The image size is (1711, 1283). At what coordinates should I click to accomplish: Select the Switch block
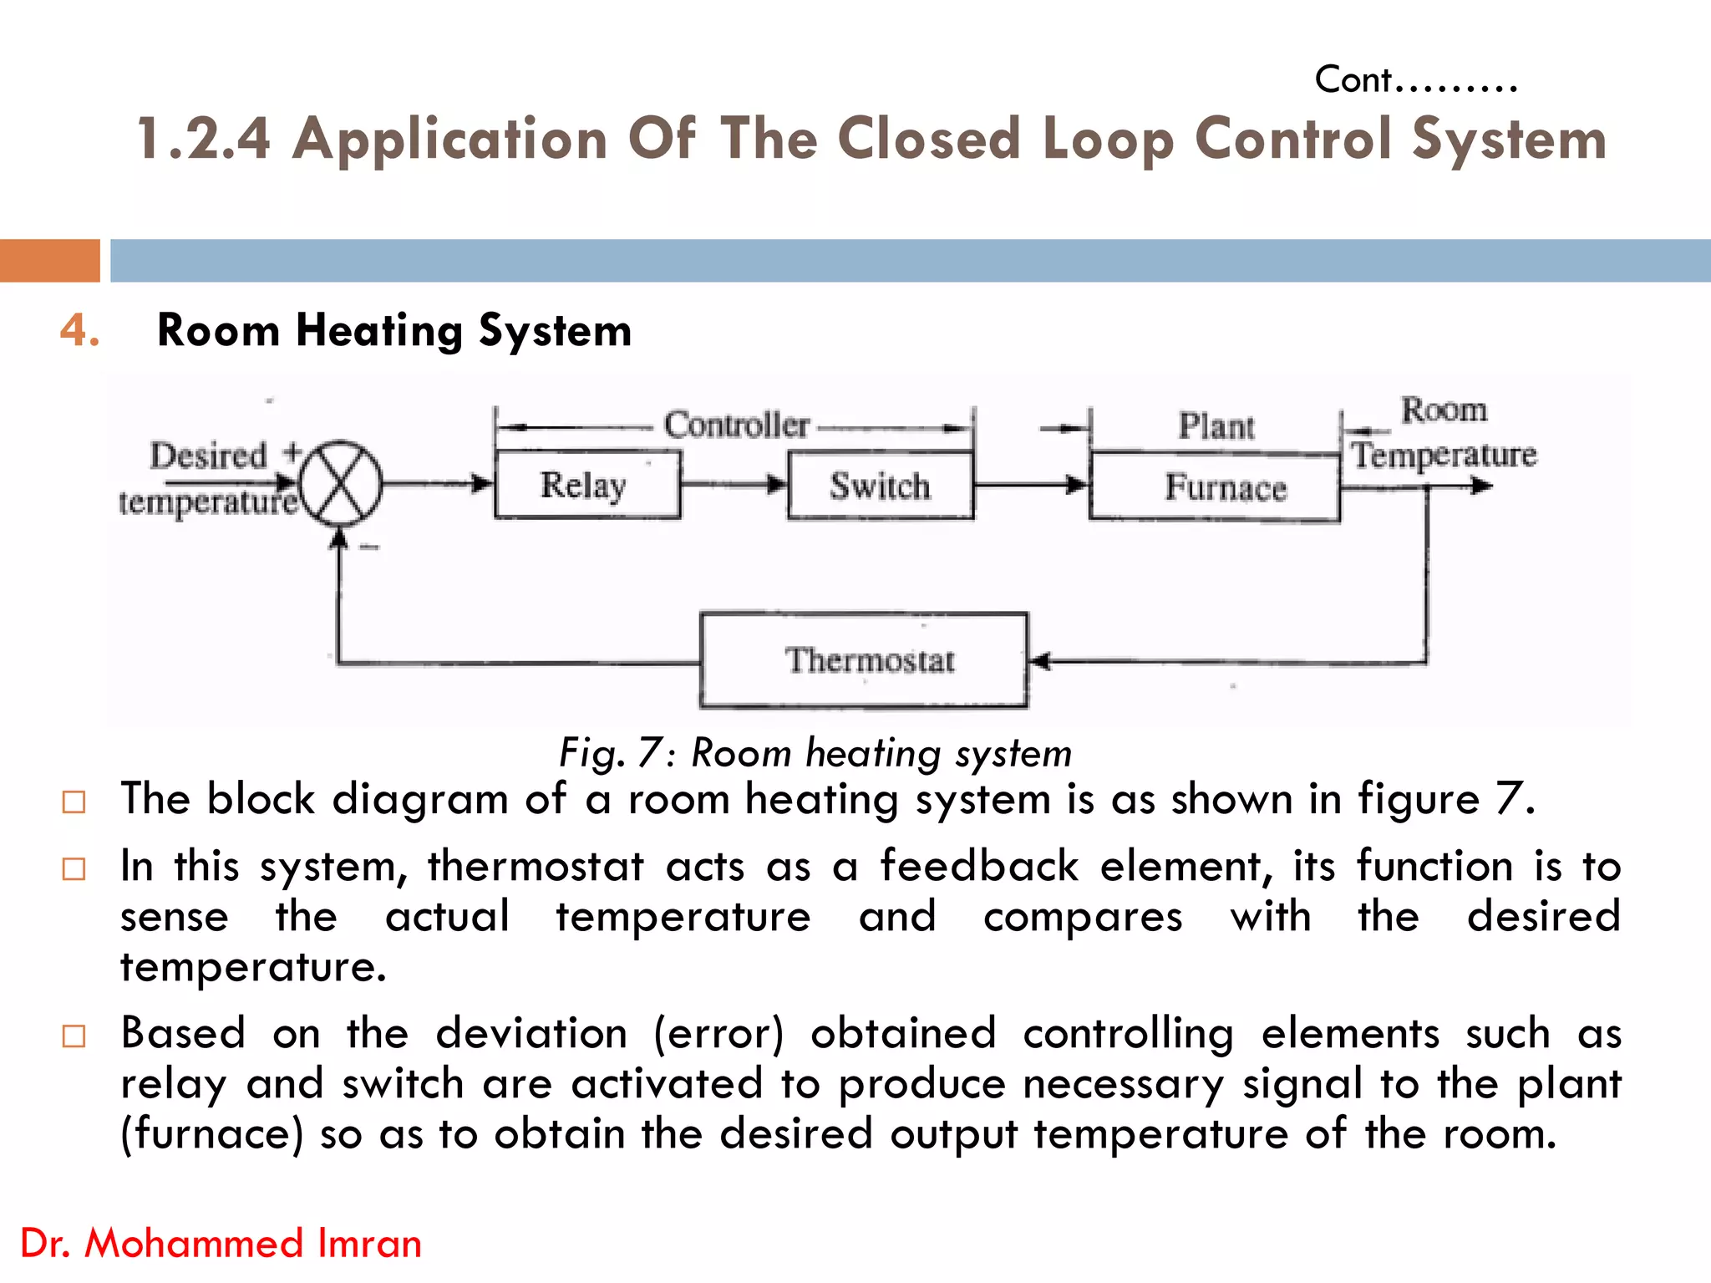880,486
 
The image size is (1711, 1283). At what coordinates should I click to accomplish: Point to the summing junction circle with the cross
341,483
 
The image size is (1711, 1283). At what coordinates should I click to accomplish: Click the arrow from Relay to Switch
734,484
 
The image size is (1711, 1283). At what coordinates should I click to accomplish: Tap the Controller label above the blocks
736,425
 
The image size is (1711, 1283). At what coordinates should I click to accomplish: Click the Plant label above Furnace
1216,426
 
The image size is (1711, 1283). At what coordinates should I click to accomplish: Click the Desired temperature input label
209,479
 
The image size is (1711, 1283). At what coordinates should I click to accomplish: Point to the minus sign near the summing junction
369,547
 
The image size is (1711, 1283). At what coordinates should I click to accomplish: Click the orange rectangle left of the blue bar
49,261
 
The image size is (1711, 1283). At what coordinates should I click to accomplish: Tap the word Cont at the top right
1353,80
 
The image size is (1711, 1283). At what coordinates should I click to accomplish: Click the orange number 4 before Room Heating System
79,330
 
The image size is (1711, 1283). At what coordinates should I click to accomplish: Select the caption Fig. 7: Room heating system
815,752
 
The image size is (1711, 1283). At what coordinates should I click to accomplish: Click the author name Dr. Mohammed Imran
221,1243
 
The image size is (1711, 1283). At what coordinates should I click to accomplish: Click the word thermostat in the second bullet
536,866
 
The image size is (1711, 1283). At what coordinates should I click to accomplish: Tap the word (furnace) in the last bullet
212,1134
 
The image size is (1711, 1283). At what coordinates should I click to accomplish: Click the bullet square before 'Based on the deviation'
74,1036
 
